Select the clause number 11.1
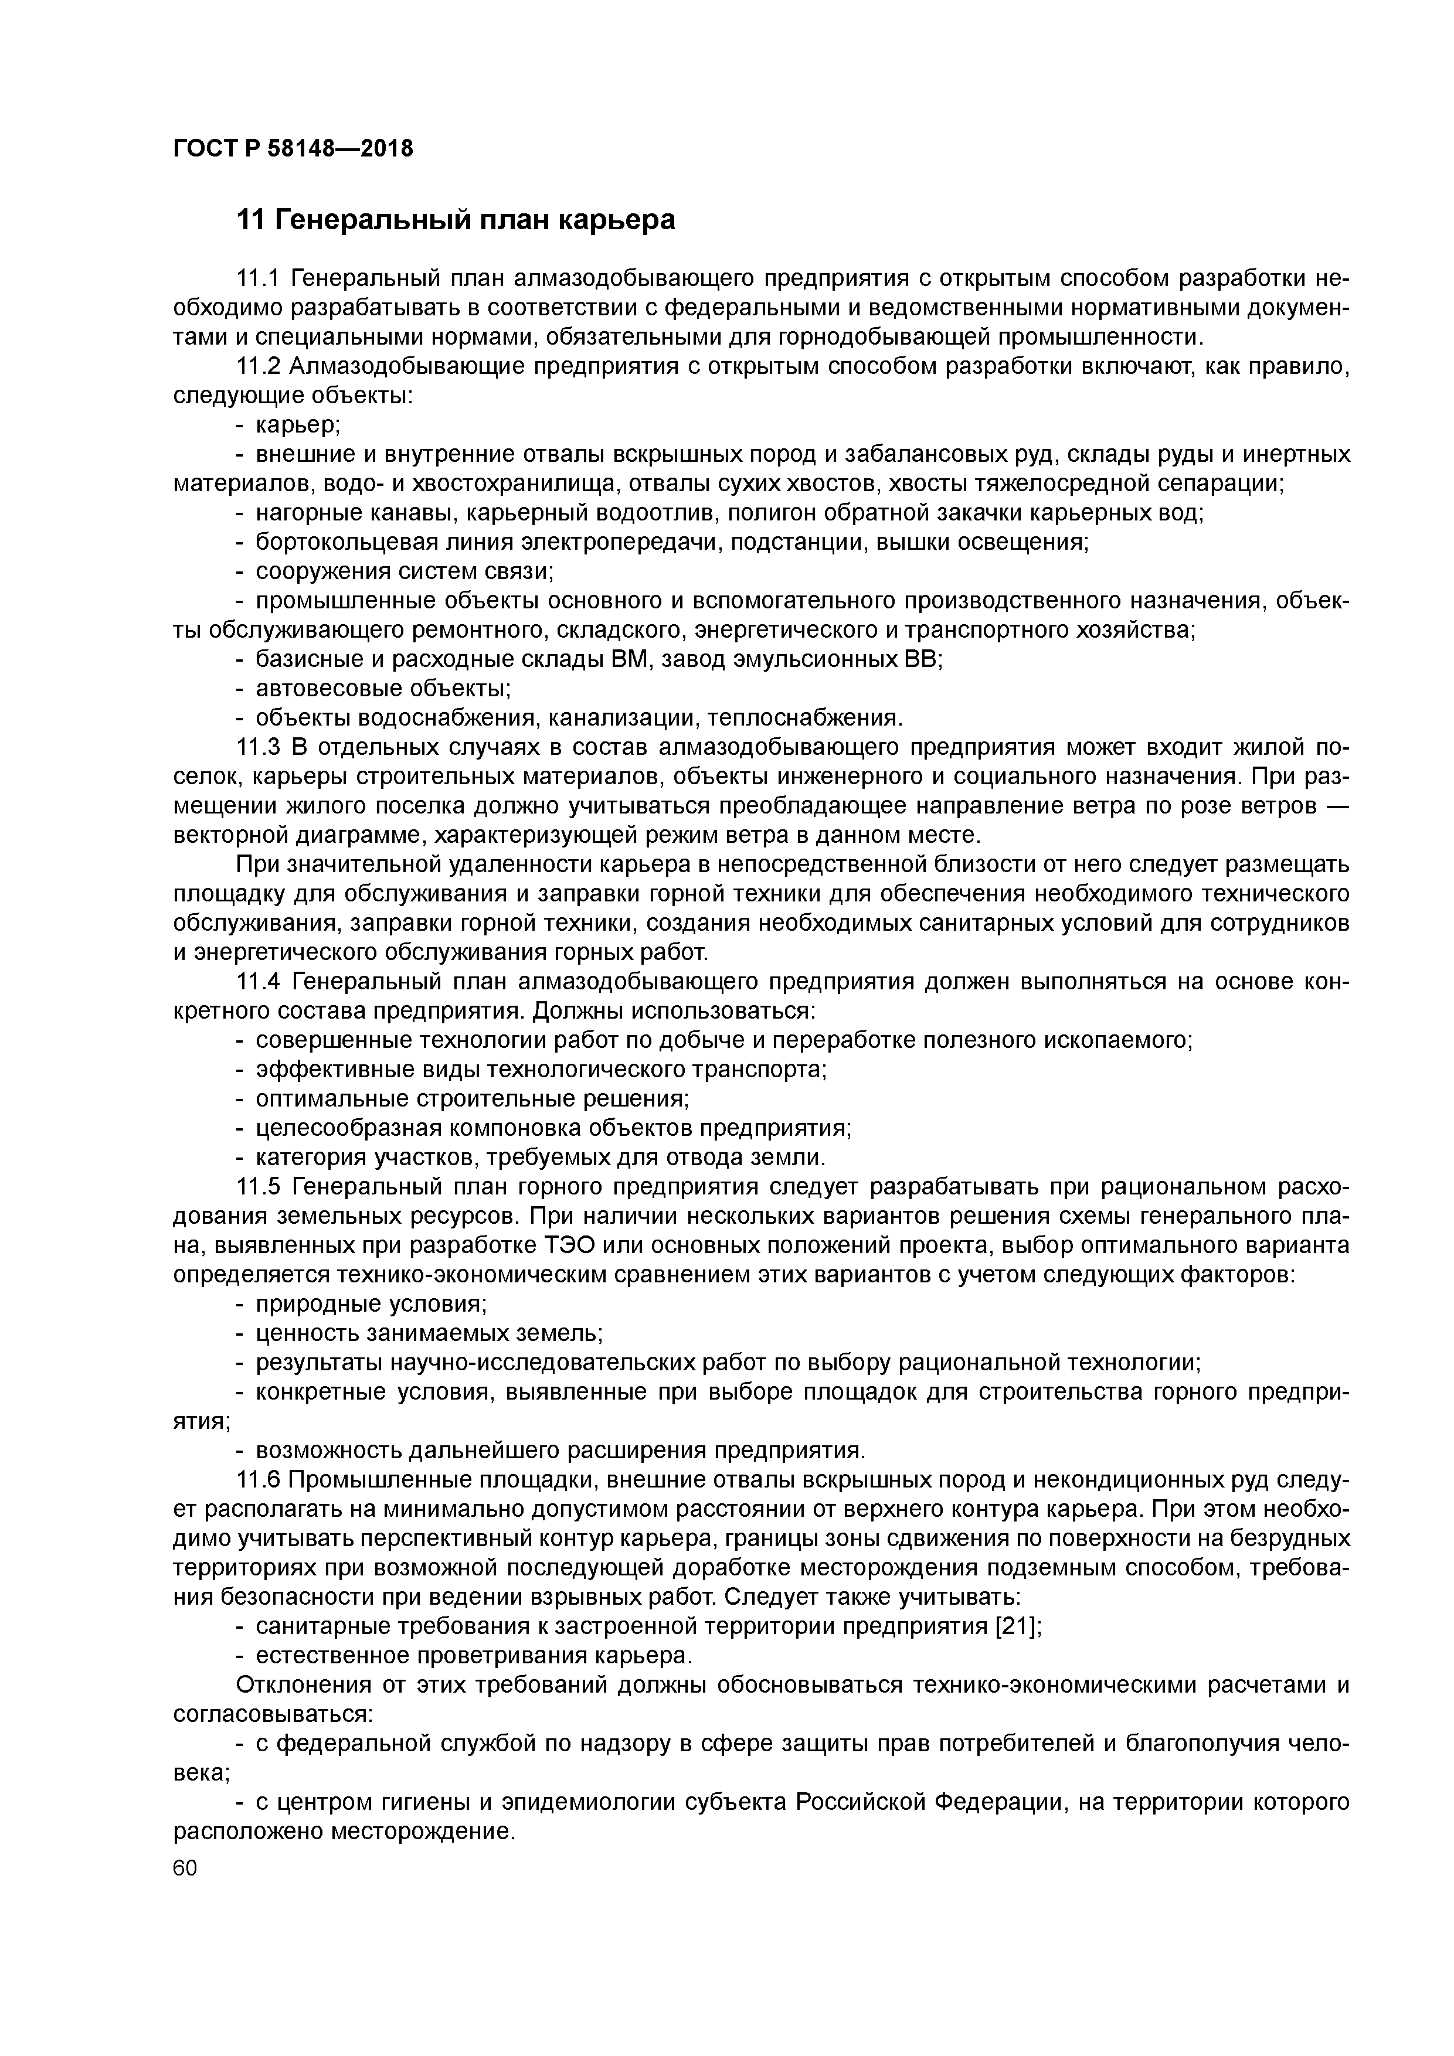coord(258,278)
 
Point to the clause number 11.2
coord(258,366)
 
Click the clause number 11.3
coord(258,748)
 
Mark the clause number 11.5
coord(258,1187)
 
